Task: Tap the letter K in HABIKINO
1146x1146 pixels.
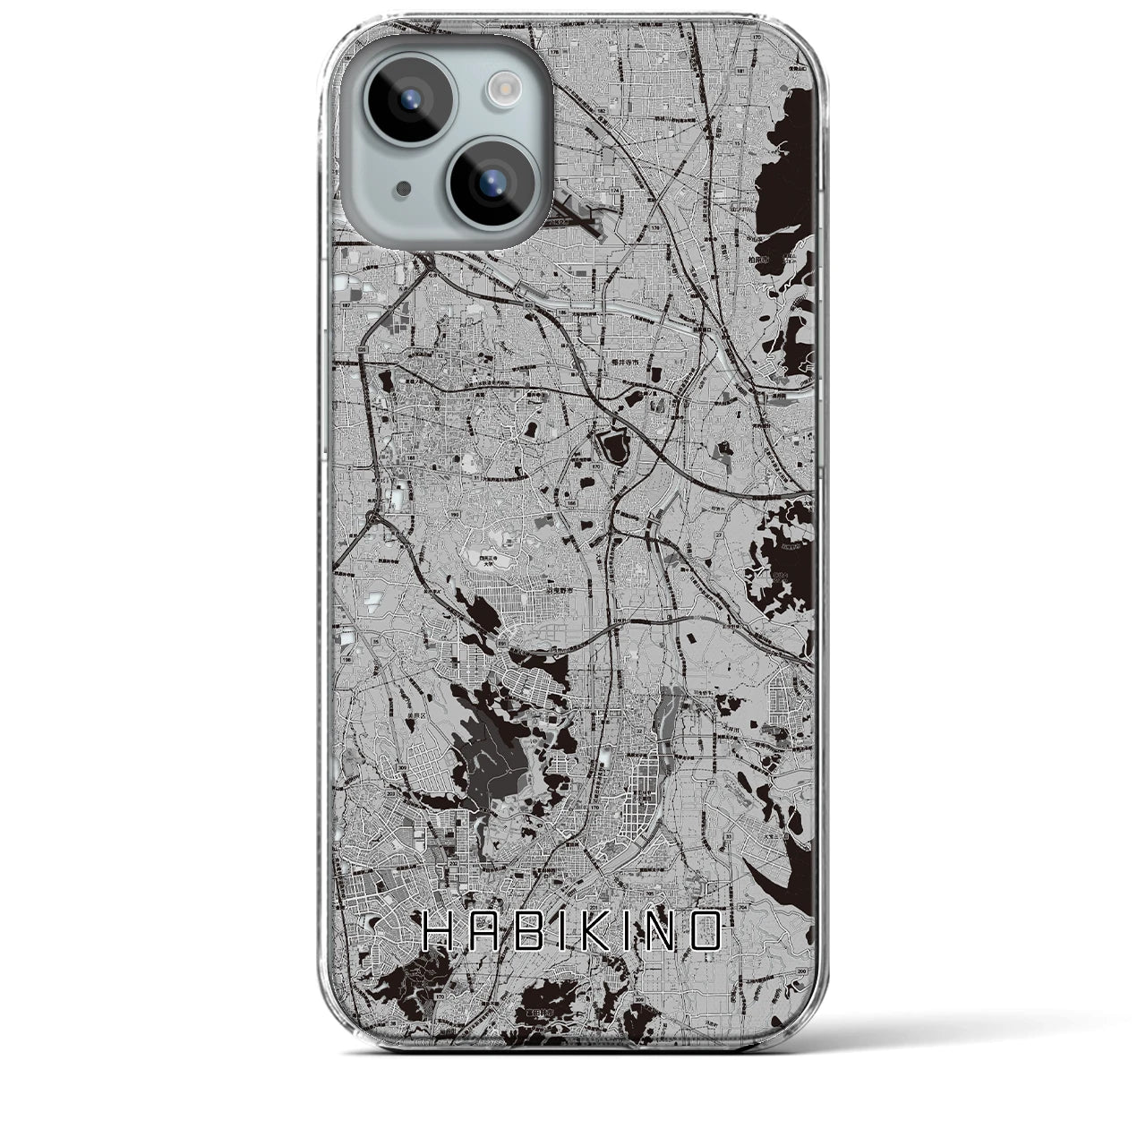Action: coord(610,932)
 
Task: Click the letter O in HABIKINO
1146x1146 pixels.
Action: coord(708,932)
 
